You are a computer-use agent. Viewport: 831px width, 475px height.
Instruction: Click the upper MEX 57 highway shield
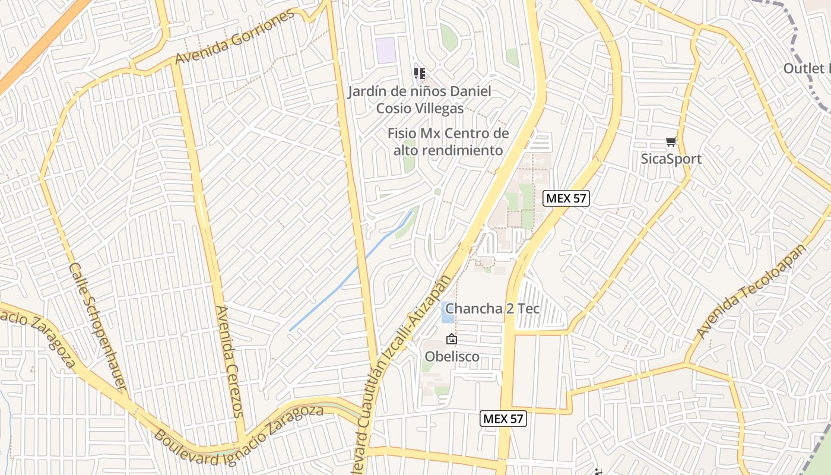point(566,198)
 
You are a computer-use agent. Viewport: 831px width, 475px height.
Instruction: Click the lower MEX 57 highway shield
point(503,419)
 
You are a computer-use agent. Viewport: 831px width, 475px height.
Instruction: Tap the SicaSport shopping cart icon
point(671,142)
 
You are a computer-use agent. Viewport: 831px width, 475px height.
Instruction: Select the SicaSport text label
point(671,159)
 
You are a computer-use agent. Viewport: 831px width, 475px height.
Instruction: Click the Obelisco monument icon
point(452,340)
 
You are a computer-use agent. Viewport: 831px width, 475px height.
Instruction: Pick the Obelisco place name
point(452,356)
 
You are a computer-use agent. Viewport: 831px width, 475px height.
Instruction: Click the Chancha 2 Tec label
point(493,308)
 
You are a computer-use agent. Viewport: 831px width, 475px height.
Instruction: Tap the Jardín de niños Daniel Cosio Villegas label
point(420,100)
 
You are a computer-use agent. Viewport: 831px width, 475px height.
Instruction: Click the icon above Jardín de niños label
point(420,74)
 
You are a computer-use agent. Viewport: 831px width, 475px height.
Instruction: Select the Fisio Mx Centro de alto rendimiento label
point(448,141)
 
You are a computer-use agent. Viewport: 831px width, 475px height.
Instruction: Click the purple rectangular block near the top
point(386,49)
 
